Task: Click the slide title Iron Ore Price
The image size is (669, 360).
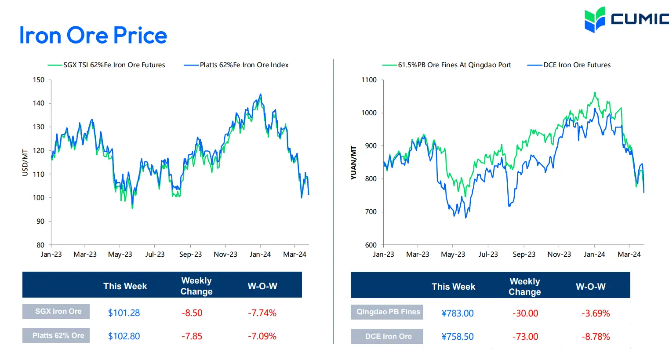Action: pyautogui.click(x=93, y=35)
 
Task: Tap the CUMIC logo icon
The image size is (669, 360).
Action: pyautogui.click(x=595, y=19)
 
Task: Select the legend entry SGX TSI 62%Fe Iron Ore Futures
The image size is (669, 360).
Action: pyautogui.click(x=106, y=65)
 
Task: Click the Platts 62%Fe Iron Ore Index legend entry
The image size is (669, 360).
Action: pyautogui.click(x=236, y=65)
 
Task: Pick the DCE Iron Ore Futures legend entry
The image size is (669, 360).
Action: pyautogui.click(x=569, y=65)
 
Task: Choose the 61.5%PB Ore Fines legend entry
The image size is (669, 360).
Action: pyautogui.click(x=447, y=65)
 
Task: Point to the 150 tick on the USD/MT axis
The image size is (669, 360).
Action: pyautogui.click(x=39, y=80)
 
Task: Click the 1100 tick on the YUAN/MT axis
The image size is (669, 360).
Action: pyautogui.click(x=369, y=80)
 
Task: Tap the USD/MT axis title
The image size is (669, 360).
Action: pyautogui.click(x=25, y=163)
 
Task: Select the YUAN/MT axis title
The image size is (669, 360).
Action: pyautogui.click(x=353, y=163)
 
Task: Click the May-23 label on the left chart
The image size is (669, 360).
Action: pyautogui.click(x=120, y=254)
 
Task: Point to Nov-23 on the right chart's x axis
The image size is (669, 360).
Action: pyautogui.click(x=559, y=254)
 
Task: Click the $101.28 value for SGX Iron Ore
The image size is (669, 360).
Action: pyautogui.click(x=124, y=313)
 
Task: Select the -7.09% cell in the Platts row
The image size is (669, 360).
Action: pyautogui.click(x=262, y=336)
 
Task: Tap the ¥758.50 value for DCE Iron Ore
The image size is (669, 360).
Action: pyautogui.click(x=458, y=337)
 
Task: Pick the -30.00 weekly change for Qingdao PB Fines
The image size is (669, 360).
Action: pyautogui.click(x=525, y=313)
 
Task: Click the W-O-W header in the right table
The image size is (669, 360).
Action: pyautogui.click(x=591, y=287)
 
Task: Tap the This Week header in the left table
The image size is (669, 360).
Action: pyautogui.click(x=125, y=286)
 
